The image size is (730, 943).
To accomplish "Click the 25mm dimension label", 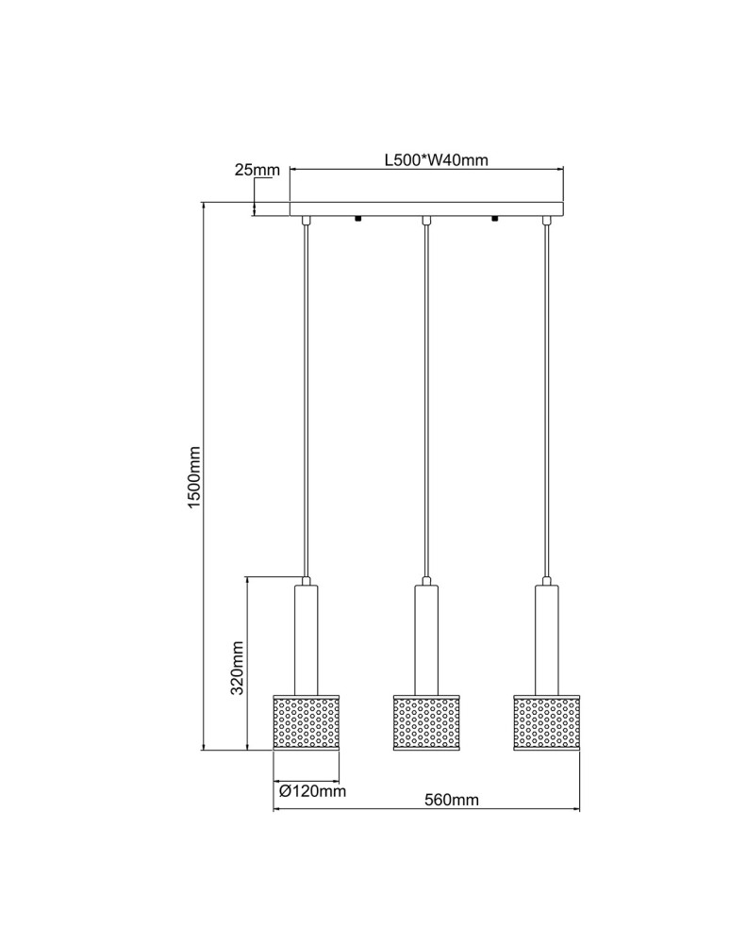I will (x=257, y=171).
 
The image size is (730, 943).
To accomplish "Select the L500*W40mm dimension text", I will (x=436, y=159).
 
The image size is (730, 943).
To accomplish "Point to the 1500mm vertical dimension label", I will (x=194, y=478).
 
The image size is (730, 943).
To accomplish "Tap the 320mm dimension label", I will (x=238, y=667).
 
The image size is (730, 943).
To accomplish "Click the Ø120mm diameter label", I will (x=312, y=791).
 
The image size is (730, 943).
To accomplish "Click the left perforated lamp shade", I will (x=306, y=722).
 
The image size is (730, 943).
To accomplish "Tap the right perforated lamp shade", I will (x=547, y=722).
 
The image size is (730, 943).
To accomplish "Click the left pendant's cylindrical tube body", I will (x=306, y=639).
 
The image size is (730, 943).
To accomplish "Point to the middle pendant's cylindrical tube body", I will (x=426, y=639).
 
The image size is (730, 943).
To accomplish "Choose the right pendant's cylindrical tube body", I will (x=547, y=639).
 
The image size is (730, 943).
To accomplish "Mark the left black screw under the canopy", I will (x=358, y=220).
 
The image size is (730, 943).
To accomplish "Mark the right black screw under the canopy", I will (x=494, y=220).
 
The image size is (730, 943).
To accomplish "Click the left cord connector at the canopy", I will (x=306, y=221).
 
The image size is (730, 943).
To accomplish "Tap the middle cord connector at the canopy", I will (x=426, y=221).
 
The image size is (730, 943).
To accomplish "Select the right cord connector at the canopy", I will (x=547, y=221).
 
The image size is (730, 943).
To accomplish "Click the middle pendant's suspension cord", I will (x=426, y=396).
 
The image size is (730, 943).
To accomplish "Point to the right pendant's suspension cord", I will (x=547, y=396).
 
